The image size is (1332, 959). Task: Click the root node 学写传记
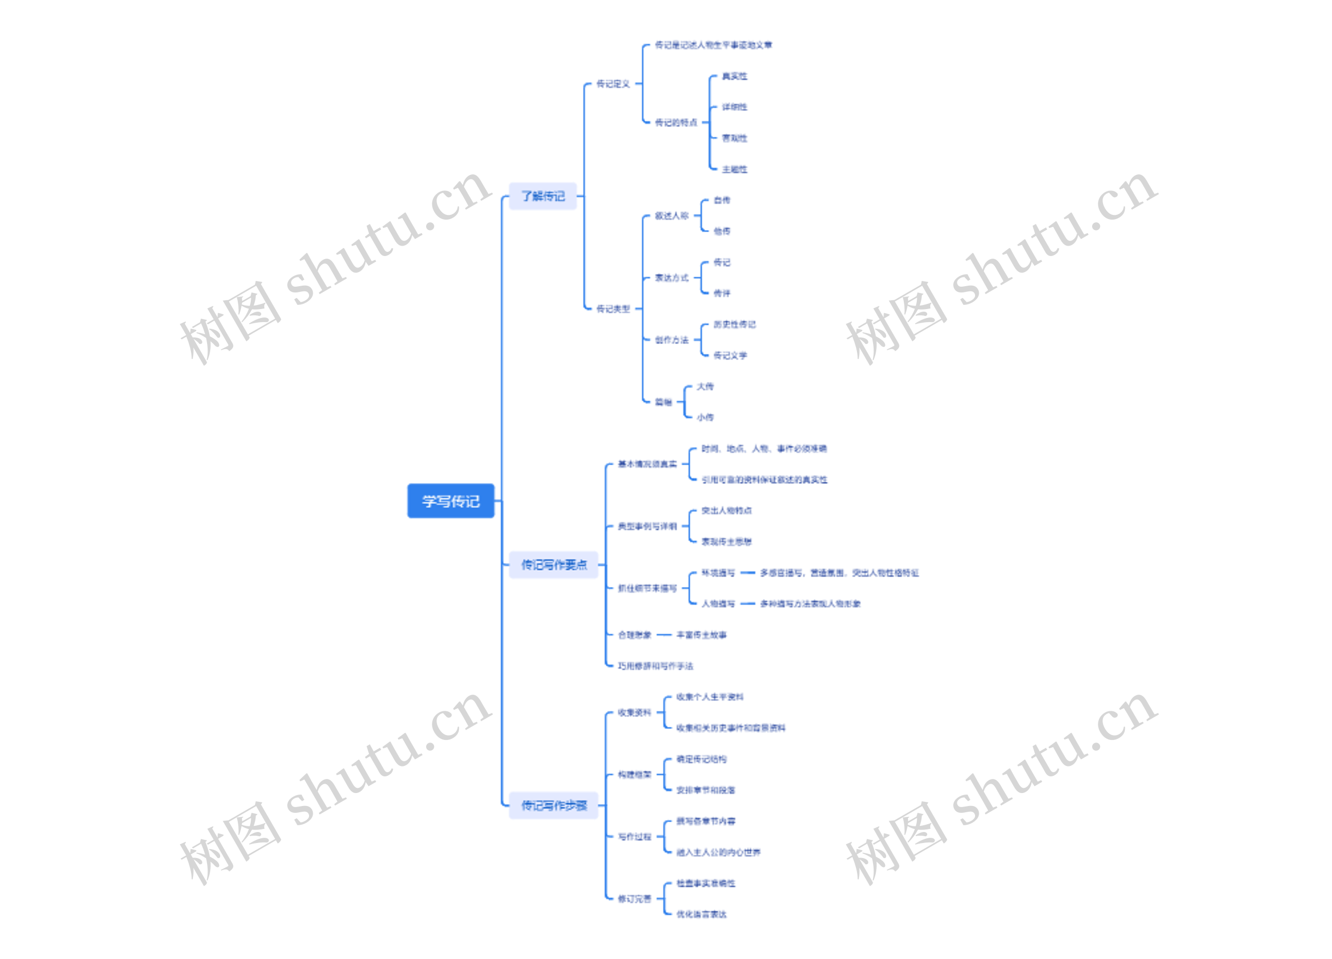pyautogui.click(x=451, y=501)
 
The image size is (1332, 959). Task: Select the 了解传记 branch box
pyautogui.click(x=543, y=196)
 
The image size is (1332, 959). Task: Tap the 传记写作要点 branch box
pyautogui.click(x=553, y=565)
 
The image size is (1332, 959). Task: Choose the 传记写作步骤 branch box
pyautogui.click(x=553, y=805)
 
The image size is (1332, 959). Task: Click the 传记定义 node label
pyautogui.click(x=612, y=84)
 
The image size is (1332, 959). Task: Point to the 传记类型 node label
pyautogui.click(x=612, y=309)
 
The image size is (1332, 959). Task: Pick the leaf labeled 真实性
pyautogui.click(x=734, y=76)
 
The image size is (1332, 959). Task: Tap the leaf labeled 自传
pyautogui.click(x=721, y=200)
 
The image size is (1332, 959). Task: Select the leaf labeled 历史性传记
pyautogui.click(x=734, y=324)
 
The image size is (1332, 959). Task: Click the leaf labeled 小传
pyautogui.click(x=705, y=417)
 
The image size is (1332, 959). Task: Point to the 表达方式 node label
pyautogui.click(x=671, y=278)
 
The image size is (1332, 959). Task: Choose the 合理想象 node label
pyautogui.click(x=634, y=635)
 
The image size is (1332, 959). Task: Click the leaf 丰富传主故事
pyautogui.click(x=701, y=635)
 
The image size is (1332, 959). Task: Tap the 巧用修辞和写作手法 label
pyautogui.click(x=655, y=666)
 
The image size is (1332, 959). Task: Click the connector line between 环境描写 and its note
pyautogui.click(x=747, y=572)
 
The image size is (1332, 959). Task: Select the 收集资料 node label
pyautogui.click(x=634, y=712)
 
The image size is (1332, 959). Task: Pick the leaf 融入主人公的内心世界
pyautogui.click(x=718, y=852)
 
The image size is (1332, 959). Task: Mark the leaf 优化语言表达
pyautogui.click(x=701, y=914)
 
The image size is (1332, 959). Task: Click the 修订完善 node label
pyautogui.click(x=634, y=899)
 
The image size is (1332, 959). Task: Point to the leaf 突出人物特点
pyautogui.click(x=726, y=511)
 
